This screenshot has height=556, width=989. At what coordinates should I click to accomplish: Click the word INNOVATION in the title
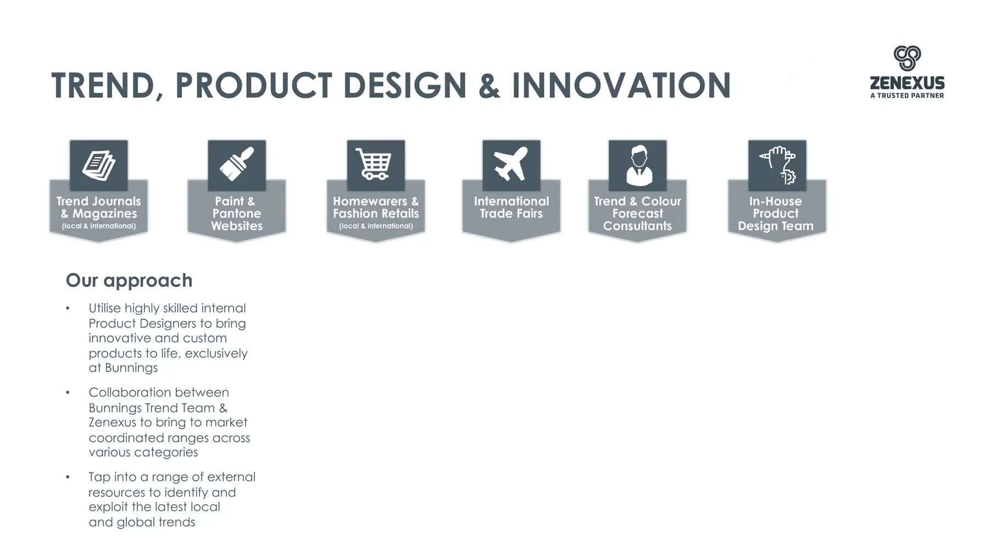[x=621, y=86]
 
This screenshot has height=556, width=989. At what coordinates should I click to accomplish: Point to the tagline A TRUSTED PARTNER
[x=907, y=96]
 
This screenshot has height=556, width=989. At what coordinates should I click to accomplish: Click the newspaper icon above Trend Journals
[x=99, y=165]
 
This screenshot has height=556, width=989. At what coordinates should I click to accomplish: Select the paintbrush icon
[x=237, y=164]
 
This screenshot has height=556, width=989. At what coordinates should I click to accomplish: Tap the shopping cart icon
[x=375, y=164]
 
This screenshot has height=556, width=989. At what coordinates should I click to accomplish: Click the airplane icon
[x=511, y=164]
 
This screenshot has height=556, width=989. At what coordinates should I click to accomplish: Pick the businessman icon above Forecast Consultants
[x=638, y=165]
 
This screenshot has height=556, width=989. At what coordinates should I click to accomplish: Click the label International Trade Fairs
[x=512, y=207]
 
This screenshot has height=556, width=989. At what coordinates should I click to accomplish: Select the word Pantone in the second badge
[x=237, y=213]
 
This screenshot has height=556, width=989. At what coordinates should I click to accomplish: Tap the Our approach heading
[x=129, y=280]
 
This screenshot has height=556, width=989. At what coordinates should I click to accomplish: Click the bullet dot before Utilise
[x=68, y=308]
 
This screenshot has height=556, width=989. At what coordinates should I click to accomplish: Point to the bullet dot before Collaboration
[x=68, y=392]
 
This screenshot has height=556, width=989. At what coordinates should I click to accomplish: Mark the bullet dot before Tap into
[x=68, y=477]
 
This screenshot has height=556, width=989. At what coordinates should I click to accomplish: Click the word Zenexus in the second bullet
[x=112, y=422]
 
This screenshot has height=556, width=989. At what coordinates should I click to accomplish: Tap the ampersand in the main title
[x=489, y=86]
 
